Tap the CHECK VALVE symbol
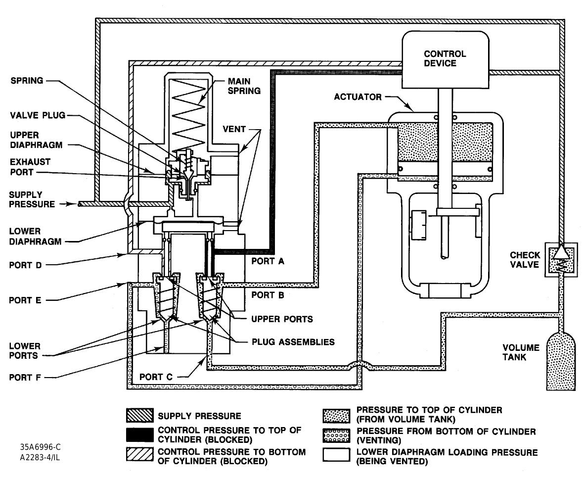coord(558,258)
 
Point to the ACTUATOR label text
coord(358,97)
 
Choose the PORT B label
coord(268,295)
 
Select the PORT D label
coord(24,265)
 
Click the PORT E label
coord(24,300)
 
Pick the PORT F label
coord(24,377)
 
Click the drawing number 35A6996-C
coord(41,447)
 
